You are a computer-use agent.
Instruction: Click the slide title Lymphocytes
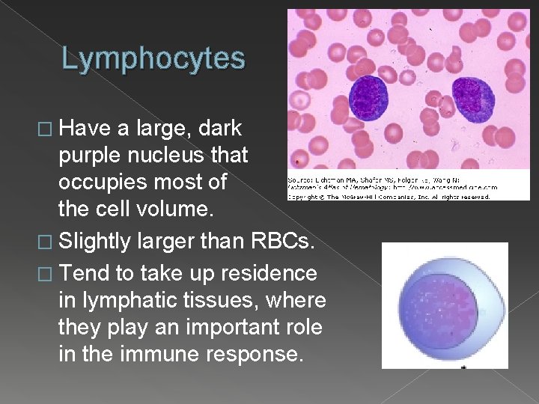[x=153, y=58]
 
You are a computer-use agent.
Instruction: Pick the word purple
[x=89, y=155]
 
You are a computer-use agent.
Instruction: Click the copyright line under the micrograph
[x=389, y=197]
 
